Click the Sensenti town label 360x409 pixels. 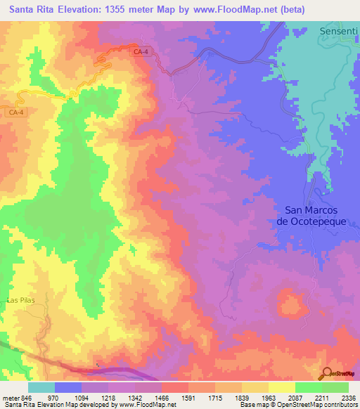(x=339, y=32)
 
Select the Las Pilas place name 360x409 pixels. (x=20, y=300)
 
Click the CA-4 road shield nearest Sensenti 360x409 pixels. (x=141, y=52)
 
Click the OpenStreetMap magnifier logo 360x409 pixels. (x=326, y=373)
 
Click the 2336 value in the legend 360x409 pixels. (x=348, y=397)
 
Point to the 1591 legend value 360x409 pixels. (x=188, y=397)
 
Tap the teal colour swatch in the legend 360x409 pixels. (x=41, y=387)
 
